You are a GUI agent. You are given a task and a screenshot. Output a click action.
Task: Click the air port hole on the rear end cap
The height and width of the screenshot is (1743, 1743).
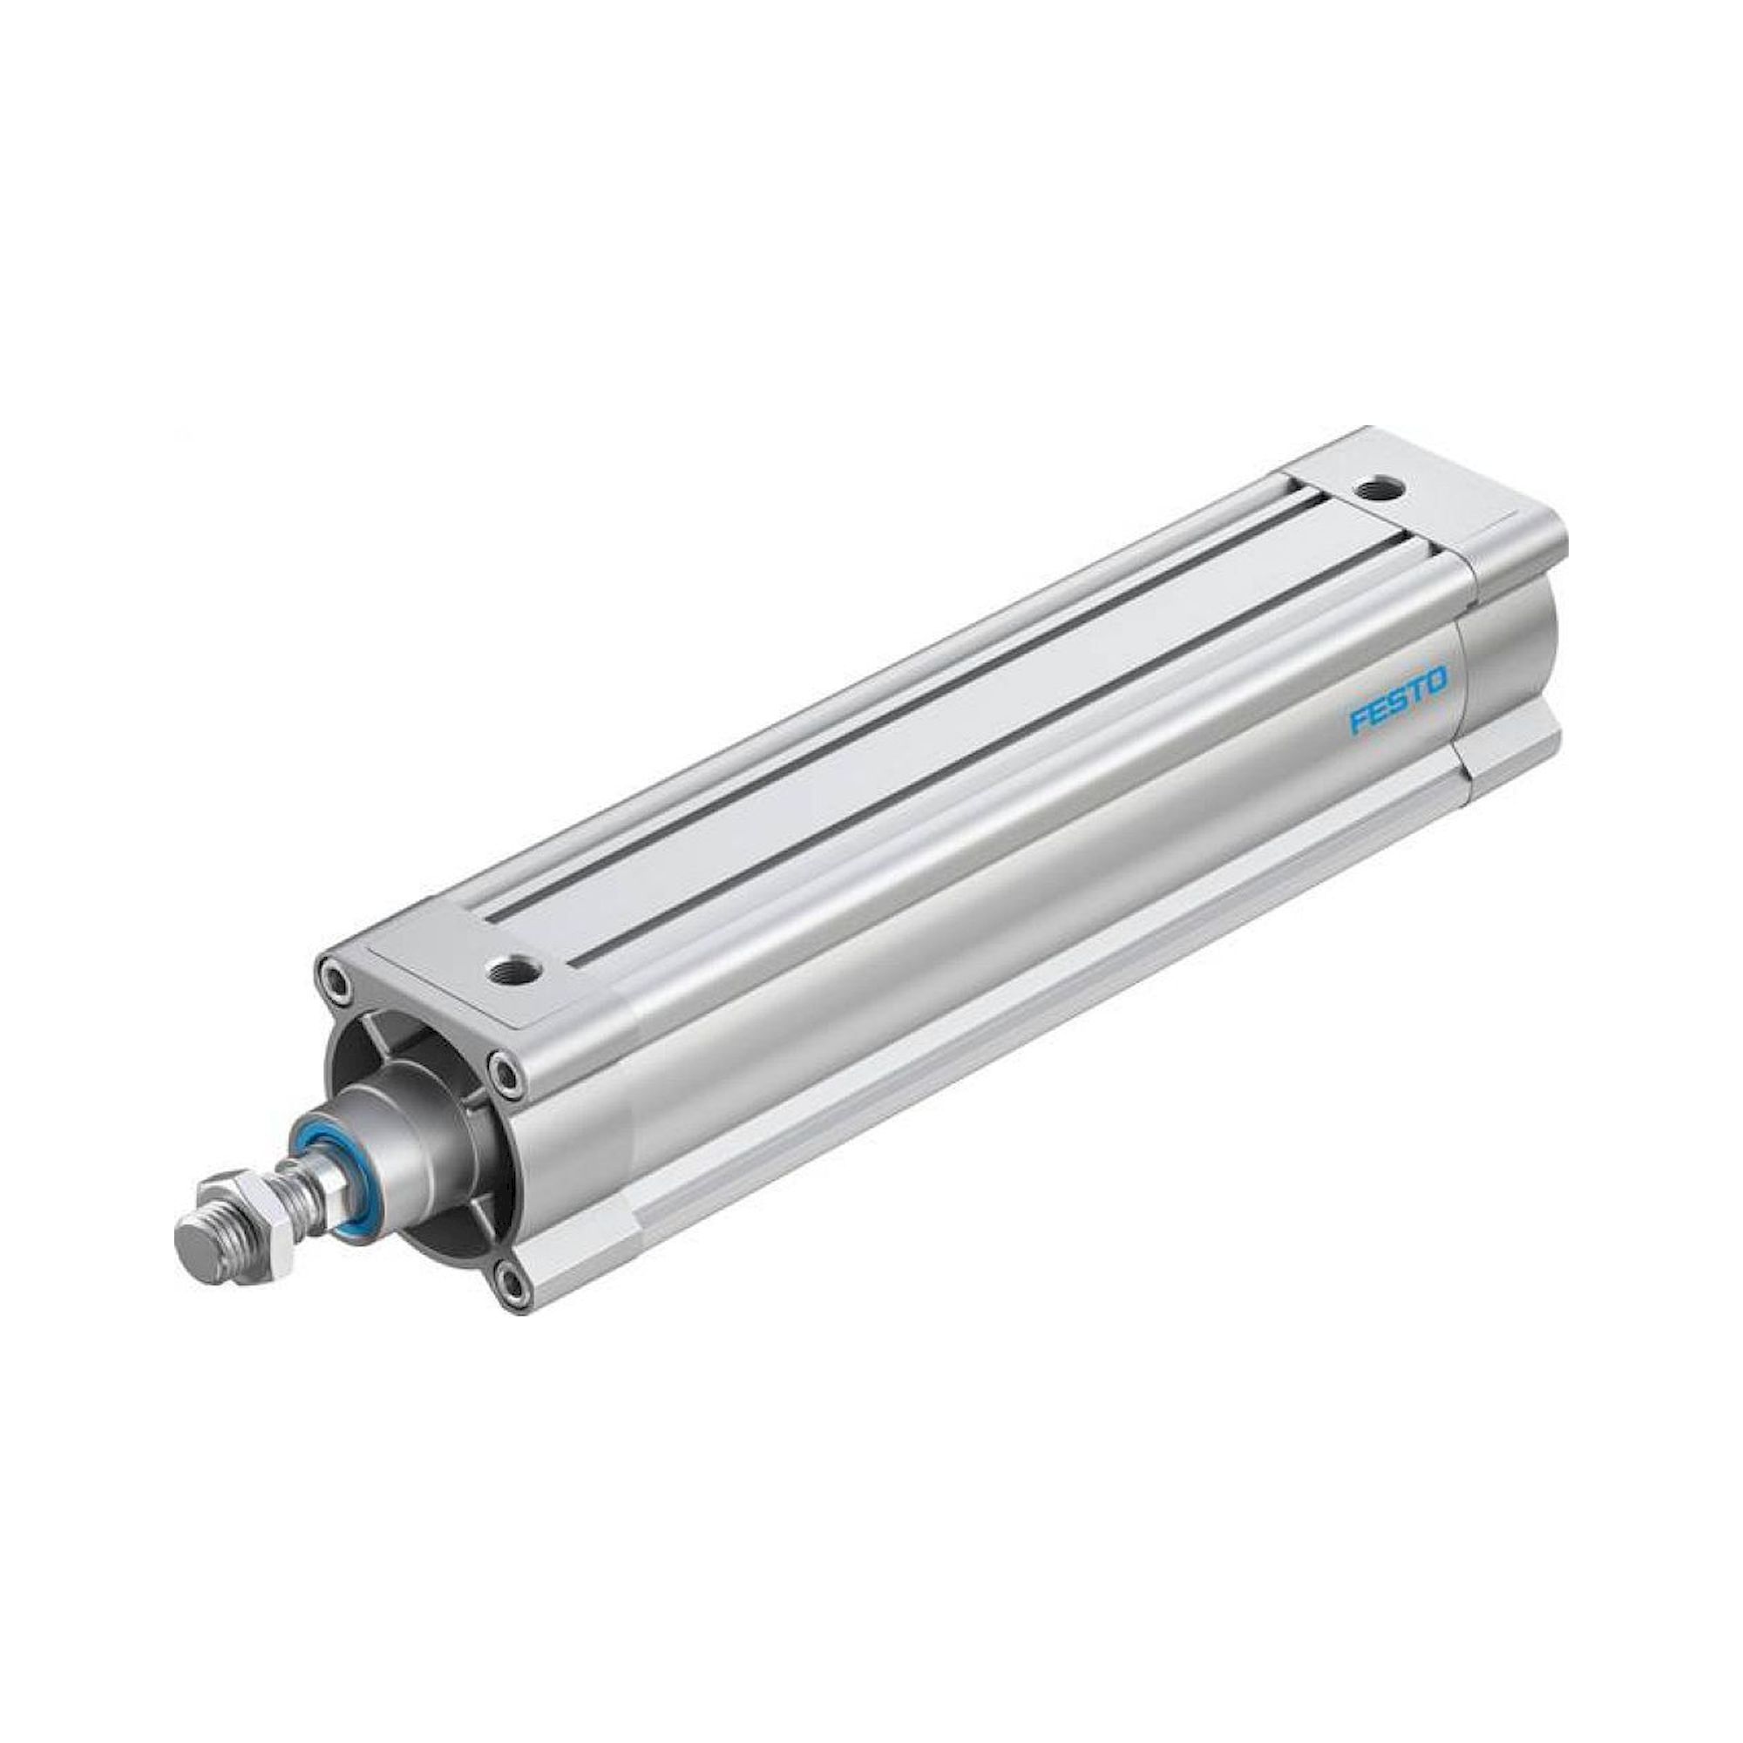tap(1379, 488)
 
